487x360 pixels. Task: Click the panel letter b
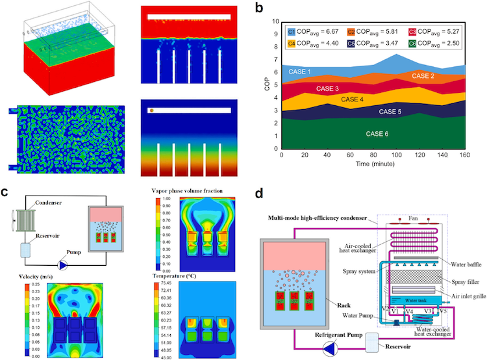[260, 8]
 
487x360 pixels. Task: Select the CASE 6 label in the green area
[377, 134]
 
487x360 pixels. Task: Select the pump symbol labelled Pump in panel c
[63, 265]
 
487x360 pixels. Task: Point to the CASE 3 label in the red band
[328, 88]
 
